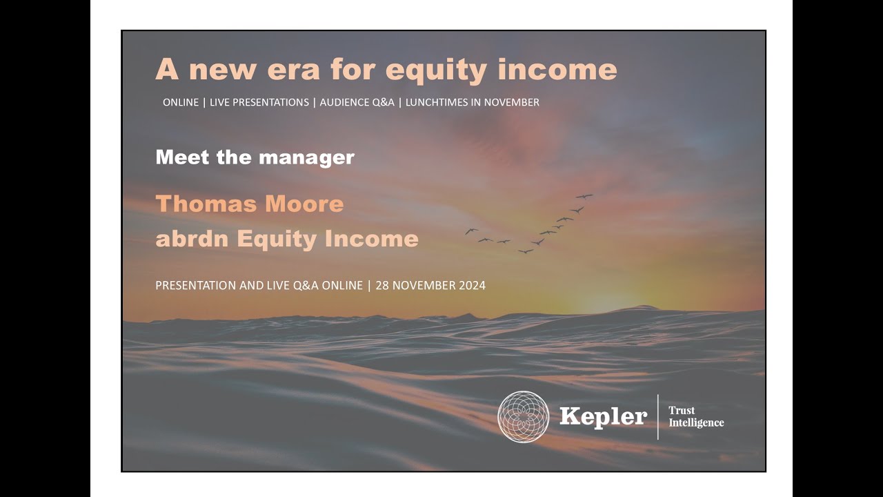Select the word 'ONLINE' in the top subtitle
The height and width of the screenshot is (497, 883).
[181, 102]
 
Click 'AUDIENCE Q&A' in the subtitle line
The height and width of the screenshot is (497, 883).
[357, 102]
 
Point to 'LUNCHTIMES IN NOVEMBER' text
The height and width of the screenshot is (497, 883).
[473, 102]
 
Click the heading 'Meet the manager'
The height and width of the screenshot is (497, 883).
[255, 157]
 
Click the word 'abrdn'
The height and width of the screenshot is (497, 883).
[192, 239]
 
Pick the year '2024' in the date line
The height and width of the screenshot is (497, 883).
[470, 285]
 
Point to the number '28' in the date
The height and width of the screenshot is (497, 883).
[382, 285]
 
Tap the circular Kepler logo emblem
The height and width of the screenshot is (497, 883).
[523, 416]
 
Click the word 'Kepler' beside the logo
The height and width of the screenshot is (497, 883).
[603, 416]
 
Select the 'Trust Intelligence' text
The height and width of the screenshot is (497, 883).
[695, 416]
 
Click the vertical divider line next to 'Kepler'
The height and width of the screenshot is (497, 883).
[658, 416]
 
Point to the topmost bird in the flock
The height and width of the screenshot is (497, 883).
[584, 196]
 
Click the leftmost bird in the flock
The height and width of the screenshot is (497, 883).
[471, 231]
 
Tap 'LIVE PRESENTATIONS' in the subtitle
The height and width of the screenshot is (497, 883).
[259, 102]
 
